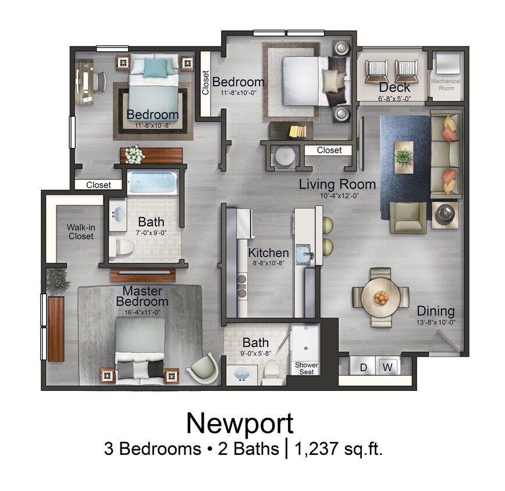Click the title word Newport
pyautogui.click(x=240, y=423)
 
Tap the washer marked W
pyautogui.click(x=387, y=367)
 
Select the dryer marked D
pyautogui.click(x=363, y=367)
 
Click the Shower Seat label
pyautogui.click(x=306, y=368)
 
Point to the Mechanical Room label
pyautogui.click(x=446, y=84)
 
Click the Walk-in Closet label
pyautogui.click(x=80, y=232)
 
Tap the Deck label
pyautogui.click(x=394, y=87)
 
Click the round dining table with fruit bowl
pyautogui.click(x=380, y=298)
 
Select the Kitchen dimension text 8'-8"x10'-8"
pyautogui.click(x=269, y=264)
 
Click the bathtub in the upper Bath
pyautogui.click(x=152, y=183)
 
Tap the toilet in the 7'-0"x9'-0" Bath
pyautogui.click(x=124, y=247)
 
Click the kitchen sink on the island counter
pyautogui.click(x=304, y=254)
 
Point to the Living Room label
pyautogui.click(x=337, y=185)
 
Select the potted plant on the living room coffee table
pyautogui.click(x=403, y=155)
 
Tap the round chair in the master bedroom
pyautogui.click(x=204, y=368)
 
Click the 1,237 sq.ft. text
pyautogui.click(x=339, y=449)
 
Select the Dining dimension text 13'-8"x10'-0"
pyautogui.click(x=435, y=323)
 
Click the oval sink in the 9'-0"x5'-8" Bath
pyautogui.click(x=240, y=375)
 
